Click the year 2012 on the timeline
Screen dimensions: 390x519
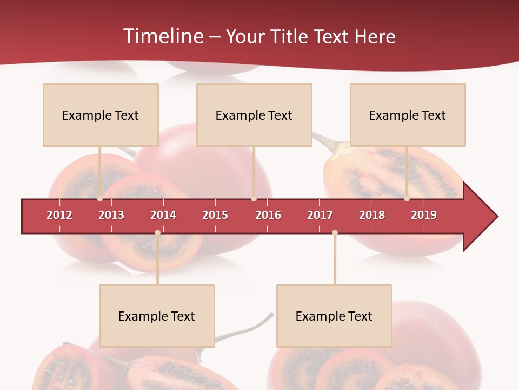59,215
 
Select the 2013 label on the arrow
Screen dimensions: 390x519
111,215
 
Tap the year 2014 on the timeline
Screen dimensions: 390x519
163,215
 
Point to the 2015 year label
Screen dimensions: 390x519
215,215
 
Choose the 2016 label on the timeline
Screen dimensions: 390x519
268,215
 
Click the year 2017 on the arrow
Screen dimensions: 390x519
320,215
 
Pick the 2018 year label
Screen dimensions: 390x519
372,215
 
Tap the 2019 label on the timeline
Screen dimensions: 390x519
424,215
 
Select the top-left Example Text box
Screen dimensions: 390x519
101,115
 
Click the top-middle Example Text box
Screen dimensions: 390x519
254,115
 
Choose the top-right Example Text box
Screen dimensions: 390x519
408,115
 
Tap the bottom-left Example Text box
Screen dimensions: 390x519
157,316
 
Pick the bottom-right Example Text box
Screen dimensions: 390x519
334,316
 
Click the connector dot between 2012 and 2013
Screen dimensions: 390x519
100,199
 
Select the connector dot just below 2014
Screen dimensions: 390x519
157,233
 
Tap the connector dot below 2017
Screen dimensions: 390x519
335,233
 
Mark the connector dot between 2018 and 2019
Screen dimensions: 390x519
407,199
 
